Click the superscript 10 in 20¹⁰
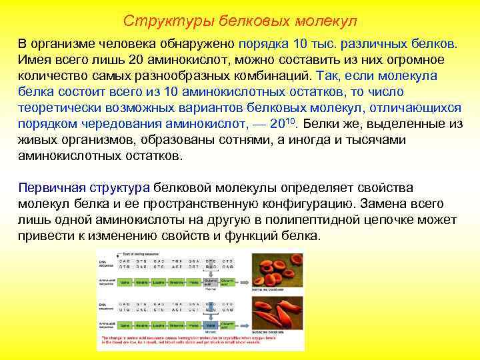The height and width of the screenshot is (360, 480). [296, 121]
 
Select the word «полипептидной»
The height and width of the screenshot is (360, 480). [299, 220]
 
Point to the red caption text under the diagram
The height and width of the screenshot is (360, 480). [200, 341]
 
